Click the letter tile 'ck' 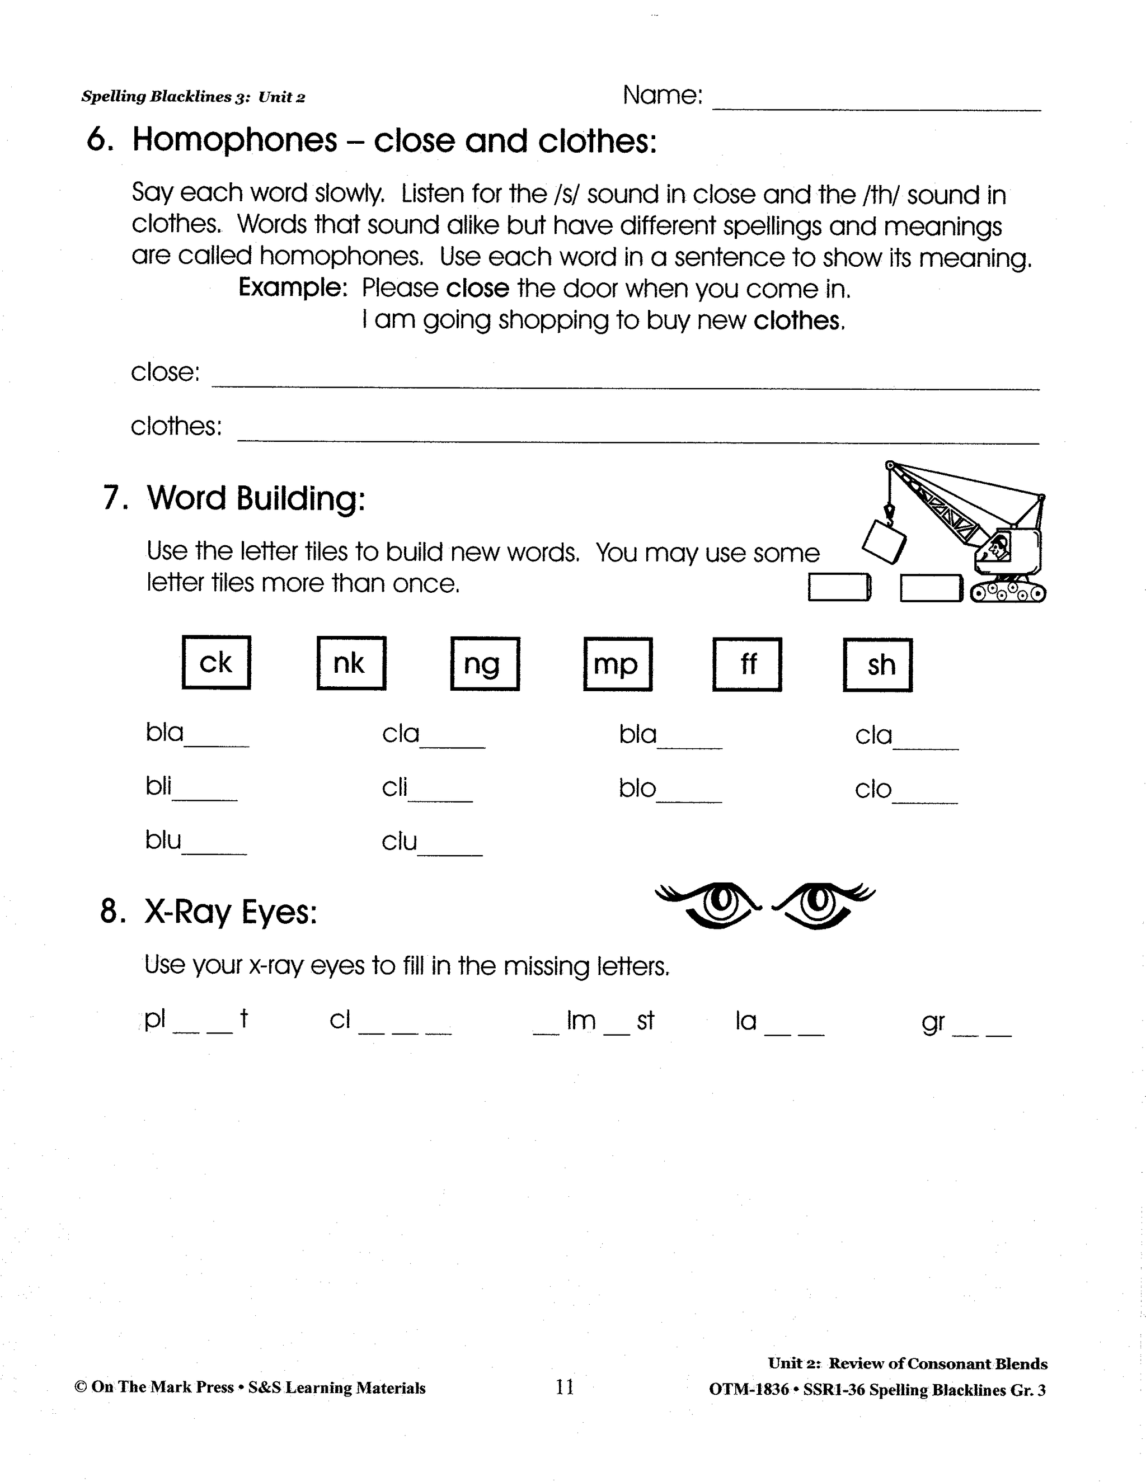[216, 662]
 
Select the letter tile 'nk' [350, 663]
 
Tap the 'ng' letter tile [485, 664]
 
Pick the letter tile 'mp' [617, 664]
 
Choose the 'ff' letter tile [747, 664]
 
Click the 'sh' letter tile [877, 665]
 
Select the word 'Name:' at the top [662, 95]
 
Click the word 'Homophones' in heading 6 [234, 140]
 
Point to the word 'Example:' [293, 287]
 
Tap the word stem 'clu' [399, 842]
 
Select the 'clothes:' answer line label [176, 426]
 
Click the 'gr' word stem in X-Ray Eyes [933, 1021]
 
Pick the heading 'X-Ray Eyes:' [231, 912]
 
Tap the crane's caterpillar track [1007, 593]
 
